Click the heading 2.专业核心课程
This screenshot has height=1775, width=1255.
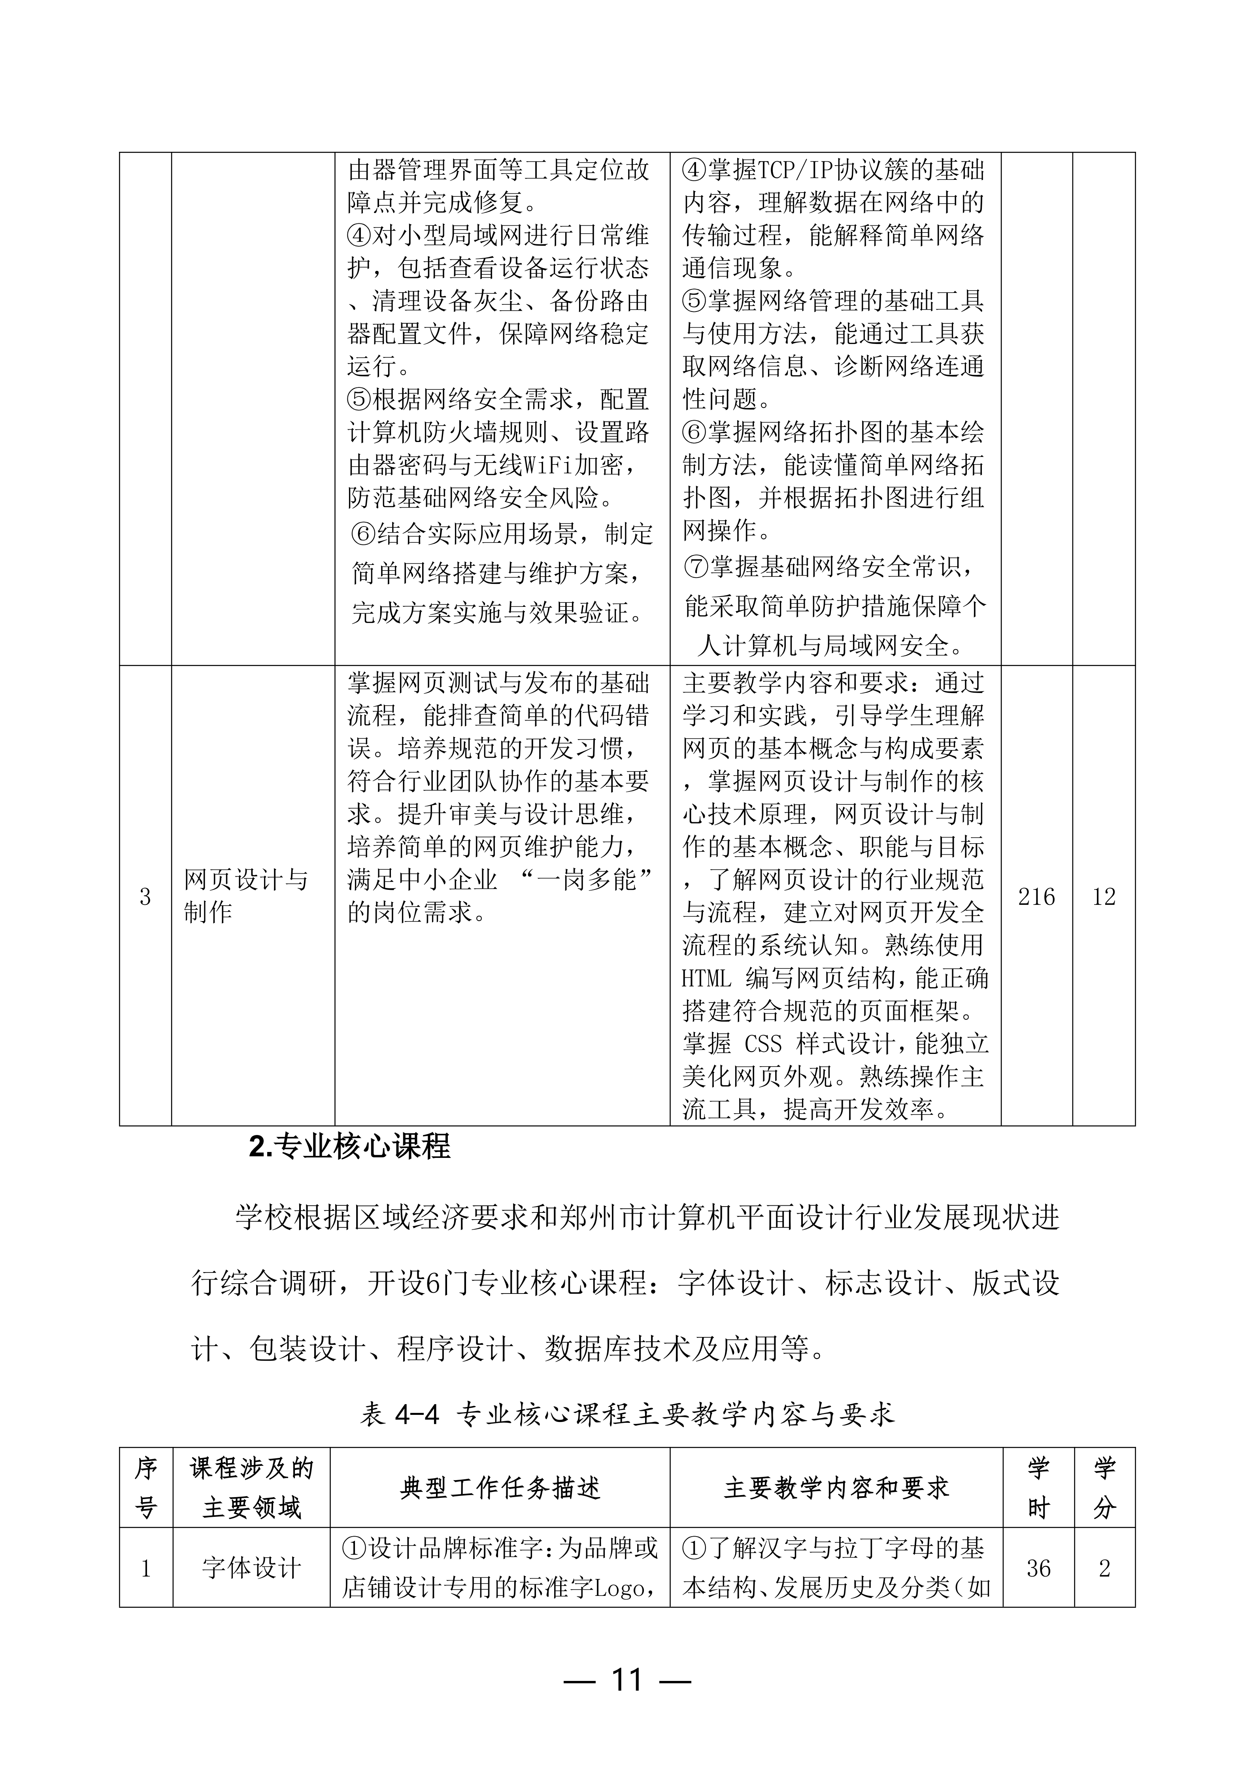click(x=349, y=1146)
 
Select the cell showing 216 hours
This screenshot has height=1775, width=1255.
click(x=1036, y=896)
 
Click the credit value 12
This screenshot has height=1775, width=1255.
click(x=1104, y=896)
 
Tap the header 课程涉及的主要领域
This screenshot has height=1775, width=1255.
click(x=251, y=1488)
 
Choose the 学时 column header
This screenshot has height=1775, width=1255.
click(x=1038, y=1488)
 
